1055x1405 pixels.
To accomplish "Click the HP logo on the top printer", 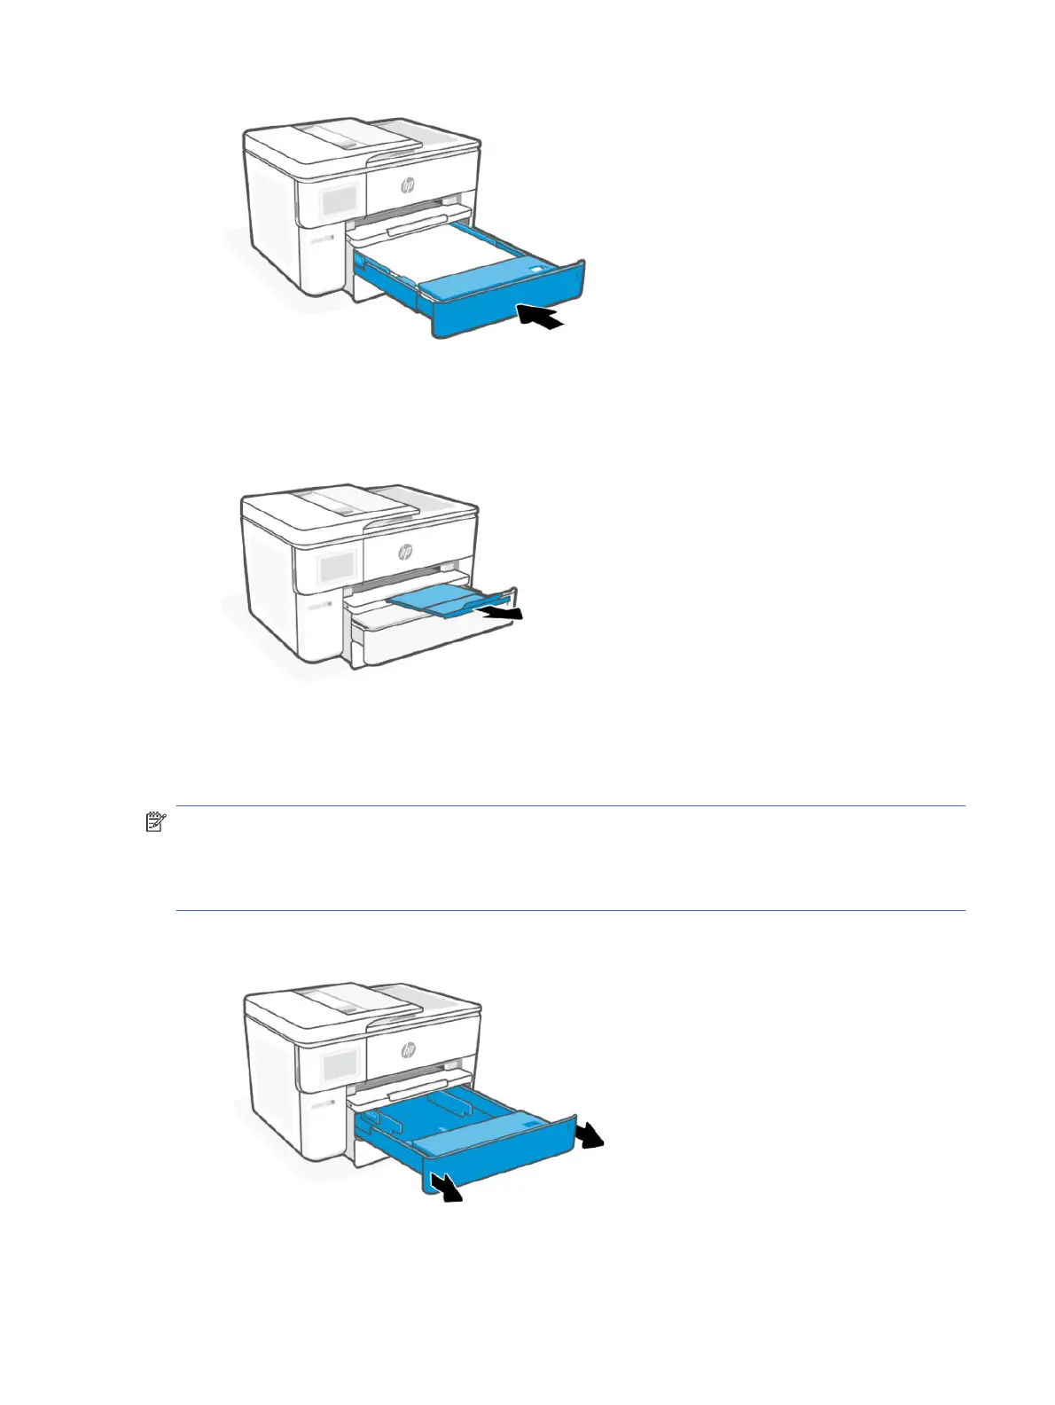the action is (x=408, y=185).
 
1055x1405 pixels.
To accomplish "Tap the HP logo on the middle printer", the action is (x=405, y=552).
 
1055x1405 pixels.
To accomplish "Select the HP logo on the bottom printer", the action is (x=408, y=1049).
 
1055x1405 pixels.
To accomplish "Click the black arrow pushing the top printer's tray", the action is (x=541, y=317).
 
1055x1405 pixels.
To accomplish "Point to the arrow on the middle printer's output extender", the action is (x=502, y=613).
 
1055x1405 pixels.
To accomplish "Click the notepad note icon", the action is (x=156, y=822).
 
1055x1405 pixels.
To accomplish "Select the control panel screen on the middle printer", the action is (x=337, y=566).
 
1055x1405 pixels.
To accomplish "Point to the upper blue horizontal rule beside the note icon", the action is (x=570, y=806).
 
